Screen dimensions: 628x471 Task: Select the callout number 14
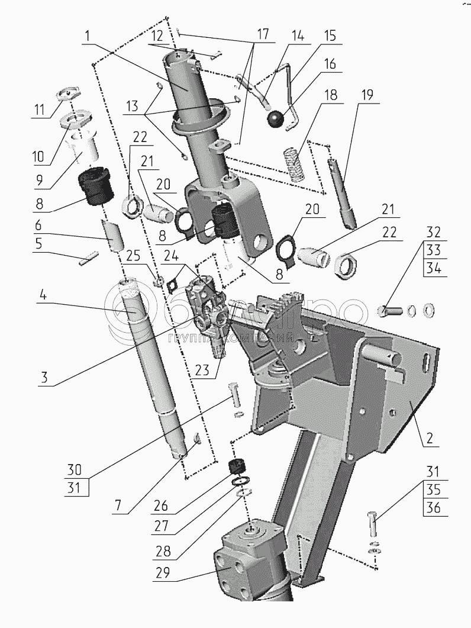click(296, 36)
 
